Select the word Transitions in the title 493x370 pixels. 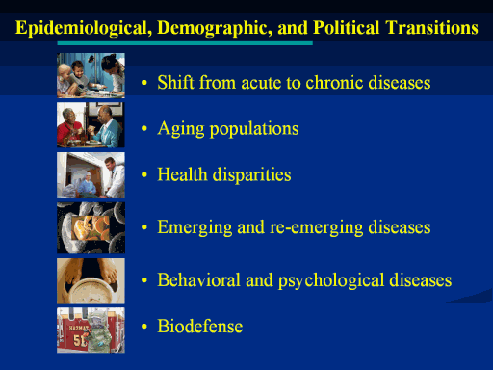tap(431, 28)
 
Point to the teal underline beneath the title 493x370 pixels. tap(185, 43)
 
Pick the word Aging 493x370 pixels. tap(181, 129)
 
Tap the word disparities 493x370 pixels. tap(252, 175)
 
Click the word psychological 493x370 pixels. tap(331, 281)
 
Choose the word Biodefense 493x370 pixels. tap(200, 327)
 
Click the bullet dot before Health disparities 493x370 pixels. tap(144, 175)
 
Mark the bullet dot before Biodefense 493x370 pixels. tap(144, 327)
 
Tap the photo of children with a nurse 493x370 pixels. tap(91, 75)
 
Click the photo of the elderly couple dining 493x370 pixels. tap(91, 125)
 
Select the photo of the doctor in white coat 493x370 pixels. tap(91, 175)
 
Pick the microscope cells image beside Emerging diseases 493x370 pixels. tap(91, 228)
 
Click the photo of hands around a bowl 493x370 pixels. tap(91, 280)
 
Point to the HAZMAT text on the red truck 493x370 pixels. tap(78, 329)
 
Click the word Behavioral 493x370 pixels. tap(198, 280)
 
